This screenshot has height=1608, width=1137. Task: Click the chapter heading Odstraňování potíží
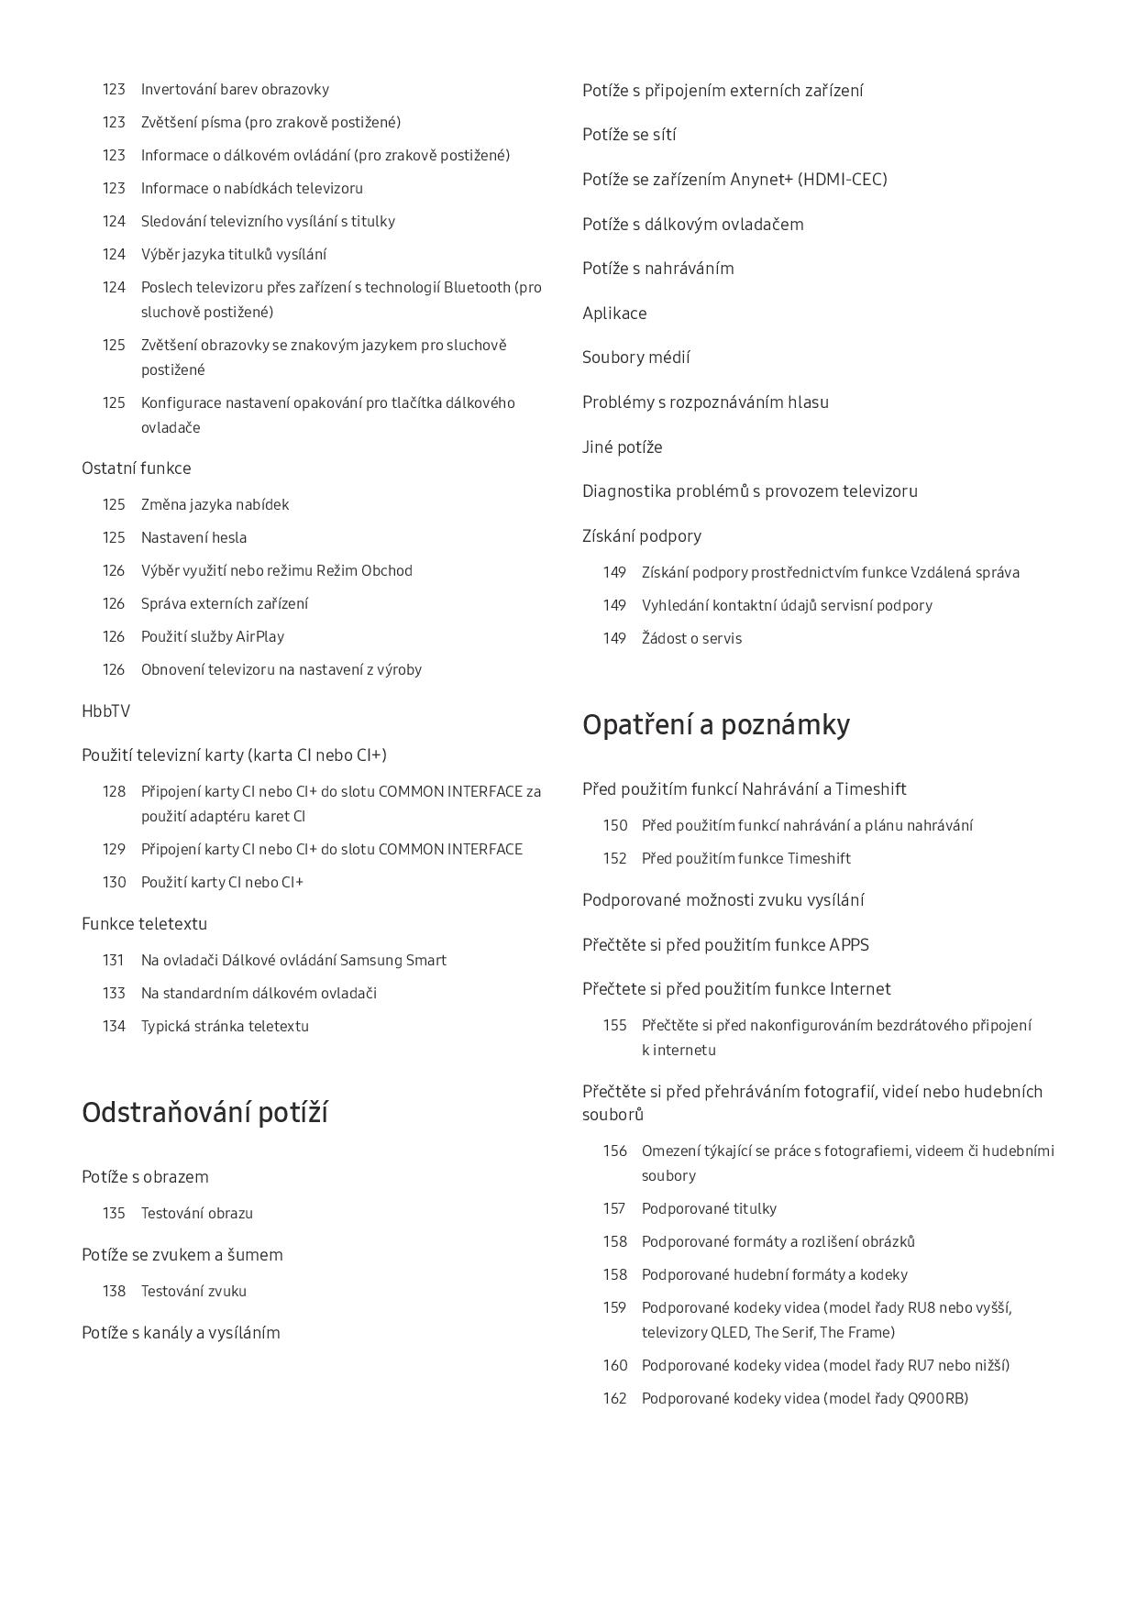(x=204, y=1113)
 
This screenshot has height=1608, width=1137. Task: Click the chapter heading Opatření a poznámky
(x=715, y=725)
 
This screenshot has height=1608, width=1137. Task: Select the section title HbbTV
(x=105, y=711)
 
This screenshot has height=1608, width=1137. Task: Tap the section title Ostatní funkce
(x=136, y=468)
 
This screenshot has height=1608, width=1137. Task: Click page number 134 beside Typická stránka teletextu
(x=114, y=1027)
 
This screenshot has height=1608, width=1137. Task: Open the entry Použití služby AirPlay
(x=212, y=637)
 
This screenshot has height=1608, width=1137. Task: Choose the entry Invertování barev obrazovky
(x=235, y=90)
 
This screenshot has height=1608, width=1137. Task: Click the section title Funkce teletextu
(x=144, y=924)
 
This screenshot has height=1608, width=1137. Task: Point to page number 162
(x=614, y=1399)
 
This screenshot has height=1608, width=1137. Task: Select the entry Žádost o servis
(x=691, y=639)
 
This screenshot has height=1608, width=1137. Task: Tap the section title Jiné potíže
(x=622, y=447)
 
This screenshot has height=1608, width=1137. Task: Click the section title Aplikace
(x=614, y=314)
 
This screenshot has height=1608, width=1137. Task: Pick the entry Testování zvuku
(x=193, y=1292)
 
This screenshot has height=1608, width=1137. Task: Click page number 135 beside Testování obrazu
(x=114, y=1214)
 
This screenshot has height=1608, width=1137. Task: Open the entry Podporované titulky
(x=709, y=1209)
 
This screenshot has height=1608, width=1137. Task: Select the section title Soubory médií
(x=635, y=358)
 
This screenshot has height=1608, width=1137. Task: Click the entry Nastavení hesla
(x=193, y=538)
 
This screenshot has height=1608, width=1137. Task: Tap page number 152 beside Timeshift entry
(x=614, y=859)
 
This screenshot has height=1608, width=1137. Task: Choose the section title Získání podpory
(x=641, y=536)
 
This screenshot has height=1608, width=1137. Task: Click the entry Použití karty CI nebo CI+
(x=222, y=883)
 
